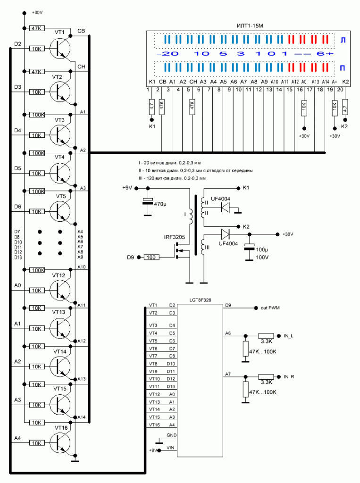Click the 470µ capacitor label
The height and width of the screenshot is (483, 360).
160,204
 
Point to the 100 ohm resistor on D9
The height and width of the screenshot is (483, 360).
151,257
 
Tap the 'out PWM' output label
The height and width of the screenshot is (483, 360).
270,308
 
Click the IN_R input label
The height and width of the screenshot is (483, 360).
289,376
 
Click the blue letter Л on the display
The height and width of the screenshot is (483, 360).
343,41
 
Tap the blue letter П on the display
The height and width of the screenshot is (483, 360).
343,68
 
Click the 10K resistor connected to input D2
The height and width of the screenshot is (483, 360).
36,48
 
